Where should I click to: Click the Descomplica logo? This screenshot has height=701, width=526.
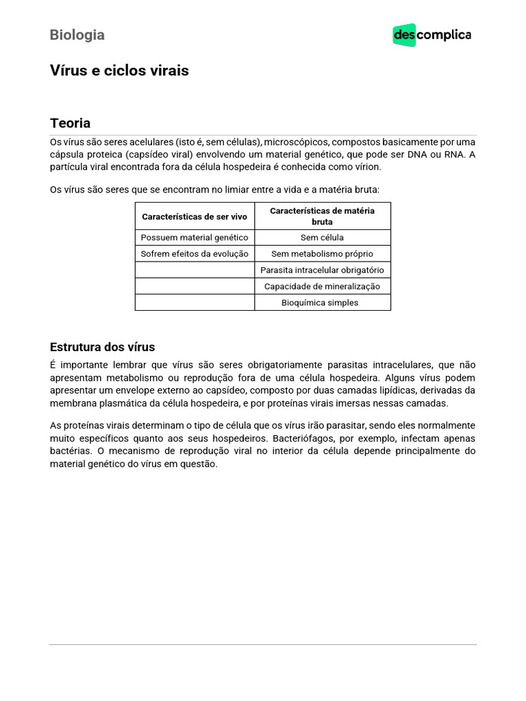pyautogui.click(x=431, y=35)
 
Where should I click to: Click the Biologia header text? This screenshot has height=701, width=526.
pyautogui.click(x=77, y=35)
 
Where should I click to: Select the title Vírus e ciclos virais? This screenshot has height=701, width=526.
pyautogui.click(x=119, y=71)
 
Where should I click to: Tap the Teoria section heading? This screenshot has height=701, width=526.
pyautogui.click(x=70, y=123)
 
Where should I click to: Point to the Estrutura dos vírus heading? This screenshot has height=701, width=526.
pyautogui.click(x=103, y=346)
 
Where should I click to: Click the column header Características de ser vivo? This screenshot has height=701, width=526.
pyautogui.click(x=195, y=216)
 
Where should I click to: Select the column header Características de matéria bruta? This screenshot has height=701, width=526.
pyautogui.click(x=322, y=216)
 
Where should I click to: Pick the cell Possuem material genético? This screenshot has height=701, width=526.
pyautogui.click(x=195, y=238)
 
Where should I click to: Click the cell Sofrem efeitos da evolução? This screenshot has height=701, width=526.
pyautogui.click(x=195, y=253)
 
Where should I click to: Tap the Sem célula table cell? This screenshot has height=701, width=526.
pyautogui.click(x=322, y=238)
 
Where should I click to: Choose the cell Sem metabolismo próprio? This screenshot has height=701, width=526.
pyautogui.click(x=322, y=253)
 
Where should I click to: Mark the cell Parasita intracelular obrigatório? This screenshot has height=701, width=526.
pyautogui.click(x=322, y=270)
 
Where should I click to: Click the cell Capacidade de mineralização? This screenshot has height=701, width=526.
pyautogui.click(x=322, y=286)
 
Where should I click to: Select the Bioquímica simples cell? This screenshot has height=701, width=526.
pyautogui.click(x=322, y=303)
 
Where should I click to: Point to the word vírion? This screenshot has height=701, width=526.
pyautogui.click(x=365, y=167)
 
